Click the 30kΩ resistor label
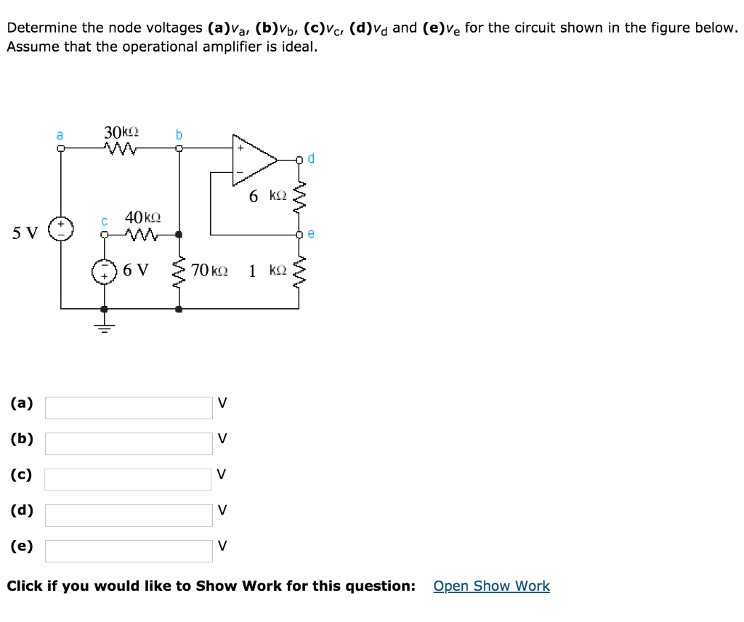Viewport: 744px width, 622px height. (x=121, y=132)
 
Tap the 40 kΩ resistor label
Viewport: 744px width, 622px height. (x=142, y=217)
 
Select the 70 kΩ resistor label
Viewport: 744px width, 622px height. (x=209, y=271)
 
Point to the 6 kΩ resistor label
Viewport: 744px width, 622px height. (x=267, y=196)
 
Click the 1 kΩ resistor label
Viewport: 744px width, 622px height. (x=267, y=271)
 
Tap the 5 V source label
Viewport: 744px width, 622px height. (x=25, y=233)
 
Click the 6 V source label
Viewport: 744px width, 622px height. (x=136, y=270)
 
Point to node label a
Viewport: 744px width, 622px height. (x=60, y=134)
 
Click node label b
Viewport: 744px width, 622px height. (x=179, y=134)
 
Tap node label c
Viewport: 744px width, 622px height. (x=104, y=219)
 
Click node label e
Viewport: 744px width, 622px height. (x=311, y=233)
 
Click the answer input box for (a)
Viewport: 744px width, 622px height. (x=129, y=407)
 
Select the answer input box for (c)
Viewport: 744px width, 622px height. (x=129, y=479)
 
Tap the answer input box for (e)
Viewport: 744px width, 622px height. (x=129, y=550)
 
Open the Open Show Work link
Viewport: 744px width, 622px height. (x=491, y=586)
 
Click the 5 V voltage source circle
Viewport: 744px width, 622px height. (x=60, y=228)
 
